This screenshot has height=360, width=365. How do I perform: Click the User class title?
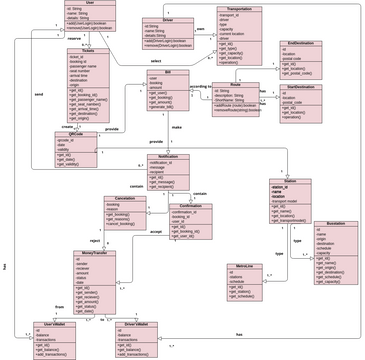(90, 4)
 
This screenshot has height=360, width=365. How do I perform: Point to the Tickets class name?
(89, 51)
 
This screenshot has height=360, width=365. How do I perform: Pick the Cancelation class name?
(126, 198)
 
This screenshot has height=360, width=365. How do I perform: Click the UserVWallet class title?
(54, 324)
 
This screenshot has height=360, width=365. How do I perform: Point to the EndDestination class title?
(300, 44)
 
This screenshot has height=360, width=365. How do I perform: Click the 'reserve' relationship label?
(74, 39)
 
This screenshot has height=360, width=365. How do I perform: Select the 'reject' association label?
(95, 241)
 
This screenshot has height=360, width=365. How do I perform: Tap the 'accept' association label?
(156, 231)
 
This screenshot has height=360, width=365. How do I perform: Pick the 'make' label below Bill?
(177, 128)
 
